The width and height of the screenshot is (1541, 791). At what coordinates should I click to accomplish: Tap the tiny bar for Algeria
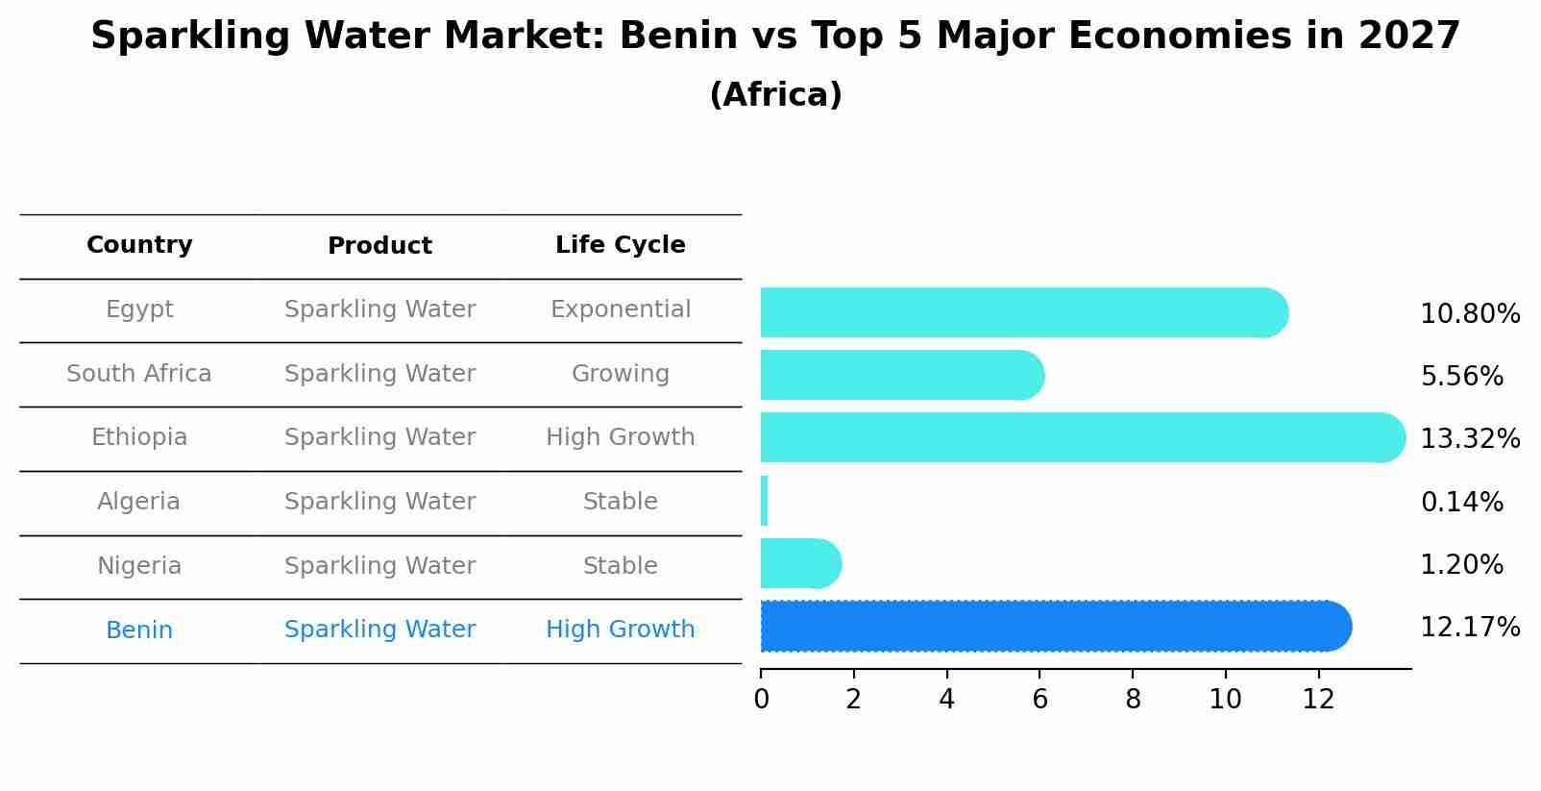(764, 501)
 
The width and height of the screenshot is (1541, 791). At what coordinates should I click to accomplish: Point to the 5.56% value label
(1461, 377)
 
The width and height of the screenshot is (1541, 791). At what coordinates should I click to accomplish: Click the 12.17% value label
(1469, 628)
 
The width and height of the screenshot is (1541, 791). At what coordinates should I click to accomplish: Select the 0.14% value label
(1461, 502)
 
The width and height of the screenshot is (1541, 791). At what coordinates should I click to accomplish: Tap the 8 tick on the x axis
(1133, 700)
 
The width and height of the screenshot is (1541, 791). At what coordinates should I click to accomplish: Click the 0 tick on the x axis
(761, 700)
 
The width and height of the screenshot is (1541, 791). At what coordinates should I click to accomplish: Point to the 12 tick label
(1318, 700)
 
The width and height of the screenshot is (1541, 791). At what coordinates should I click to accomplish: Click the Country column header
(139, 245)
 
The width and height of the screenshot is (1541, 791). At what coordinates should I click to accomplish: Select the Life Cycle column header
(620, 245)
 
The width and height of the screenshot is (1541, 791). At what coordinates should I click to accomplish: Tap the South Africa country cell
(139, 374)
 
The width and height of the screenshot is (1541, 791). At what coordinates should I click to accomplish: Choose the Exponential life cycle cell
(620, 309)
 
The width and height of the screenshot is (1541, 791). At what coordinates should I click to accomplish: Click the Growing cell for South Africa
(620, 374)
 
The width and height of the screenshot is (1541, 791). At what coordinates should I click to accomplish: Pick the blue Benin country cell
(139, 630)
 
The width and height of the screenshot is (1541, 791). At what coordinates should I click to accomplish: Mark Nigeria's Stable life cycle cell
(620, 566)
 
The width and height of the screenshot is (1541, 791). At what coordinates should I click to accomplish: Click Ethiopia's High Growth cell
(620, 437)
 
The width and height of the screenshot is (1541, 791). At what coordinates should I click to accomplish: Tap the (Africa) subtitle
(775, 95)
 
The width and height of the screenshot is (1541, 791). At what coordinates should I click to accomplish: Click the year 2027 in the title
(1408, 37)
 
